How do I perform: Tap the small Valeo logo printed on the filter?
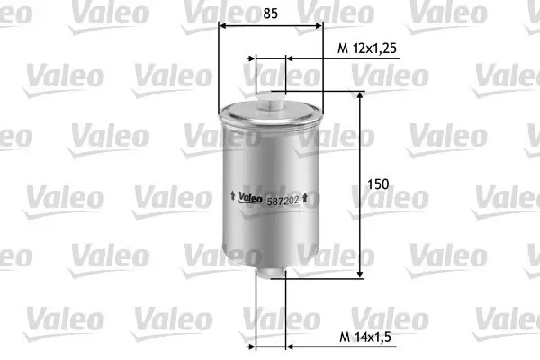pos(249,199)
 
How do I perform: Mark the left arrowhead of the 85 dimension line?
pos(223,28)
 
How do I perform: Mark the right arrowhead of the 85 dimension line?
pos(319,28)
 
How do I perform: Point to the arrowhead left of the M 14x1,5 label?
pos(289,346)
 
